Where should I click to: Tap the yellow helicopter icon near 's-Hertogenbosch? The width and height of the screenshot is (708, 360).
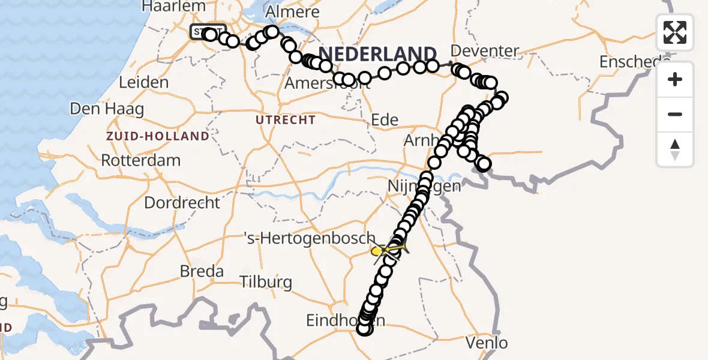[388, 249]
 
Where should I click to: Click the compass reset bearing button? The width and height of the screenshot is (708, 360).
[675, 149]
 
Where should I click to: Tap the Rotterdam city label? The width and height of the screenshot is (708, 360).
[141, 161]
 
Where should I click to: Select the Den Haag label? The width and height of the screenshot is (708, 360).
[107, 109]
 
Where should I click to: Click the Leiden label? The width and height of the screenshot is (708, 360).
[143, 82]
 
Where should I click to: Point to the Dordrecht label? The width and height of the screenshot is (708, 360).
[182, 202]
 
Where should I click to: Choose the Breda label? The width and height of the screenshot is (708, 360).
[202, 271]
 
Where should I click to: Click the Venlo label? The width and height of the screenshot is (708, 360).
[487, 343]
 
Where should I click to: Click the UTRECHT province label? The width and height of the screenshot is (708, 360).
[286, 120]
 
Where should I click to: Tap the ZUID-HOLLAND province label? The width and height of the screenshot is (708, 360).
[158, 136]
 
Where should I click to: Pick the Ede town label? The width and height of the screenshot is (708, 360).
[385, 119]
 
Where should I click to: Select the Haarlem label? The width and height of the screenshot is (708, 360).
[173, 7]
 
